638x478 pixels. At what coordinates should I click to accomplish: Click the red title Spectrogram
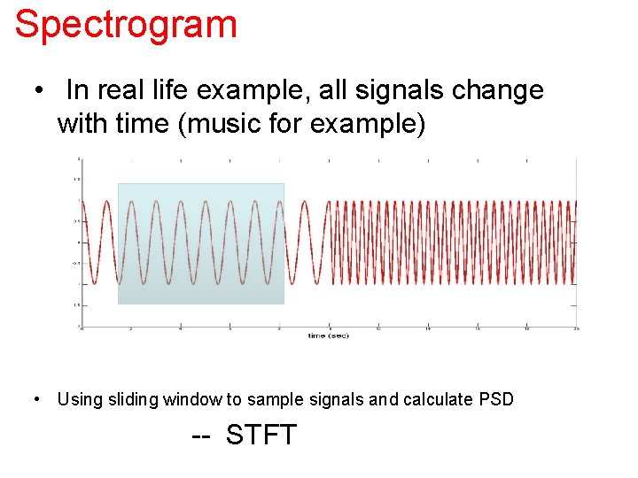126,24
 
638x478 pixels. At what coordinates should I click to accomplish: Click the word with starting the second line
82,124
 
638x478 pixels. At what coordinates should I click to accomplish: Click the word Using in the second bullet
79,399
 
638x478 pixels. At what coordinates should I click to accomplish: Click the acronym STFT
261,436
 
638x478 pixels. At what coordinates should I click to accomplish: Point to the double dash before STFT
202,436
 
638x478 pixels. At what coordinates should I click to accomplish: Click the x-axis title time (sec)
329,335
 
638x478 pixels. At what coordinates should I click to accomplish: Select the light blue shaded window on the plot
201,243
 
